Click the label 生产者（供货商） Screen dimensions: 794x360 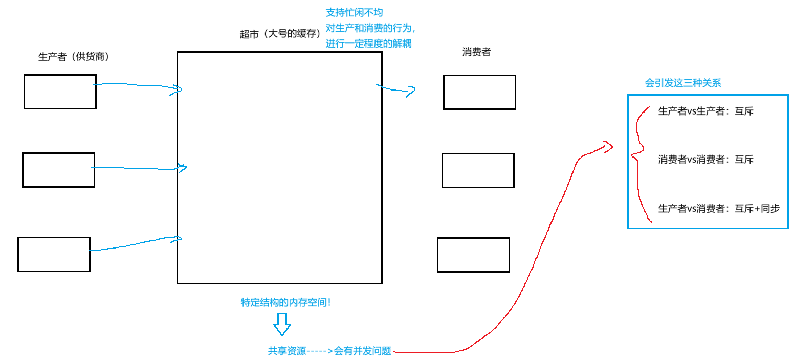[x=74, y=57]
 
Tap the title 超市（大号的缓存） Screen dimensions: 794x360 [x=279, y=34]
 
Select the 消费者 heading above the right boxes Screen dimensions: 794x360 [x=476, y=52]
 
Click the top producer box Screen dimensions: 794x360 [x=60, y=92]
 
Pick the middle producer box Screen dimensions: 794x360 [x=58, y=170]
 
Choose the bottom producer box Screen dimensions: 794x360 [x=54, y=254]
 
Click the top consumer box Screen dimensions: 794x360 [x=479, y=92]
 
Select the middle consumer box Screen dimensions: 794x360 [x=478, y=170]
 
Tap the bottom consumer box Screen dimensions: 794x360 [x=473, y=255]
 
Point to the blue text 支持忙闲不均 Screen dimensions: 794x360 [x=354, y=12]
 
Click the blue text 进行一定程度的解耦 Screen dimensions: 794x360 [x=368, y=44]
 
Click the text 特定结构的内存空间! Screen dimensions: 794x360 [x=285, y=302]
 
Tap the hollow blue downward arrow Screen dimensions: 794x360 [x=281, y=325]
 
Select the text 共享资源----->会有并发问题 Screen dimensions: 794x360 [x=329, y=351]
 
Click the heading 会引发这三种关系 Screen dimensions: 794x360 [x=683, y=83]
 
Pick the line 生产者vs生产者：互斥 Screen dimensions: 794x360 [x=705, y=111]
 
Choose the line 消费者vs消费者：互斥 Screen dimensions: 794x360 [x=705, y=160]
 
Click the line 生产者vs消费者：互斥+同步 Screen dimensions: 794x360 [x=718, y=208]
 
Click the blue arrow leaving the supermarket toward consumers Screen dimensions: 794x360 [x=396, y=90]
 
